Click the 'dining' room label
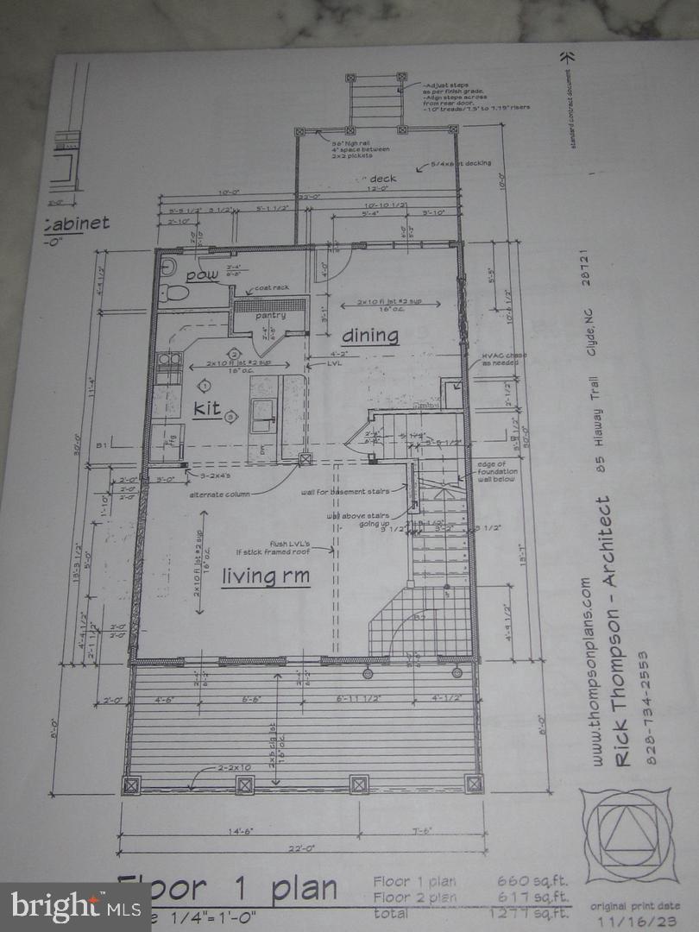[x=370, y=335]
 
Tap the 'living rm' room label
[x=265, y=576]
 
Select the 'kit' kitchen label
[x=207, y=408]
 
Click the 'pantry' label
[x=269, y=316]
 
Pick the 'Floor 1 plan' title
[x=229, y=890]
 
